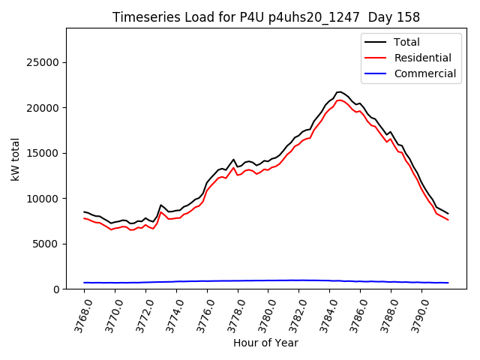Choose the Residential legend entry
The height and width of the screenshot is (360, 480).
point(422,58)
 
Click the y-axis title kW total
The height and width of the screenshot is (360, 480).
point(16,158)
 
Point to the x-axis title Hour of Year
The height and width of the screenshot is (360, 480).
point(265,343)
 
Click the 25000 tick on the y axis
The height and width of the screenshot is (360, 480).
point(44,62)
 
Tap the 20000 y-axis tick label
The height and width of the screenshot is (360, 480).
point(44,108)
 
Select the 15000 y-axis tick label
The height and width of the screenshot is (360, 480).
point(44,153)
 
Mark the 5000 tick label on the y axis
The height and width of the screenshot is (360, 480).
point(47,244)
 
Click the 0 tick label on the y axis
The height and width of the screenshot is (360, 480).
point(56,289)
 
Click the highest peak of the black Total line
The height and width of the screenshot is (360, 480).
point(339,91)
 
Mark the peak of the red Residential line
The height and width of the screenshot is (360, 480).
point(340,100)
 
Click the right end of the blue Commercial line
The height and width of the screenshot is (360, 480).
point(448,283)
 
